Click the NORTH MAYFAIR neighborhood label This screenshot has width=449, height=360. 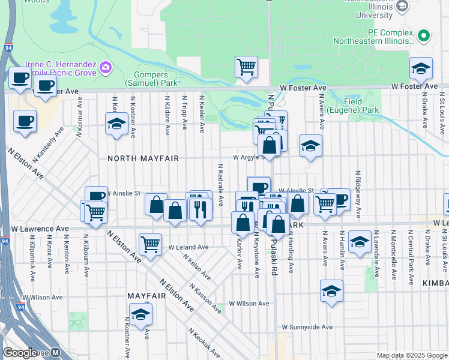coord(136,158)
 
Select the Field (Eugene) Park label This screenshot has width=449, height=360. coord(361,106)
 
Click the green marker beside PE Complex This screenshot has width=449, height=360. coord(424,35)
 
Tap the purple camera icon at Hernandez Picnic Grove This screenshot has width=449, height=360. coord(106,66)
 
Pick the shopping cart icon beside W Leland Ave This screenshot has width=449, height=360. coord(149,243)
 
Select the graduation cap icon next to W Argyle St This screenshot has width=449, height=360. coord(310,146)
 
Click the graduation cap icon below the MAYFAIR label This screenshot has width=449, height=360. coord(140,314)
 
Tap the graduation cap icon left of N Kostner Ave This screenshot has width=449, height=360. coord(116,124)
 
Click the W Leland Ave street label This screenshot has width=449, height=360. coord(188,247)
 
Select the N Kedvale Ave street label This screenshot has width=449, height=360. coord(221,185)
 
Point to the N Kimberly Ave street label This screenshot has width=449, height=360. coord(49,145)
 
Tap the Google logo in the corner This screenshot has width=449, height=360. coord(20,353)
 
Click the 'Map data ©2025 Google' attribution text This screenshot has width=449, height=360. coord(412,355)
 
